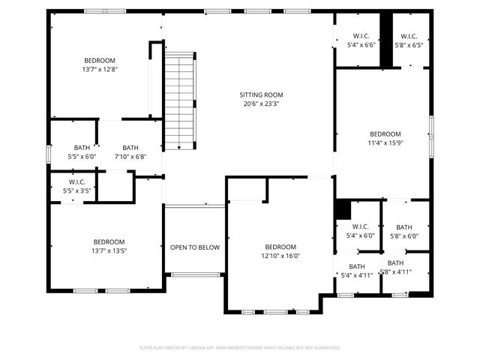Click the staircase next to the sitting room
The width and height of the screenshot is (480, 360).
(x=179, y=101)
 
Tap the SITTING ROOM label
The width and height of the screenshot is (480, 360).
(x=261, y=94)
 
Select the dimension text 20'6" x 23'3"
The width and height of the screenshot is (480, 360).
(x=261, y=104)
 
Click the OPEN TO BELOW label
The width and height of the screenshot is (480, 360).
(x=194, y=247)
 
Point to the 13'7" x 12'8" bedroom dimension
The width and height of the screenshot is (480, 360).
(x=100, y=69)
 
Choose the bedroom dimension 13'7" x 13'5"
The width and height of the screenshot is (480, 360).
(x=109, y=251)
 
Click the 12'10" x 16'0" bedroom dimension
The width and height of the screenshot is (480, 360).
(x=280, y=256)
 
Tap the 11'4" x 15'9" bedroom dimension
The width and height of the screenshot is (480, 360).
(x=385, y=143)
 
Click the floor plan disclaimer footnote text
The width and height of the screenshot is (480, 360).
(x=240, y=347)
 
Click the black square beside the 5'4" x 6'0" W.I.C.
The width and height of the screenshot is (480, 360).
(x=343, y=208)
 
